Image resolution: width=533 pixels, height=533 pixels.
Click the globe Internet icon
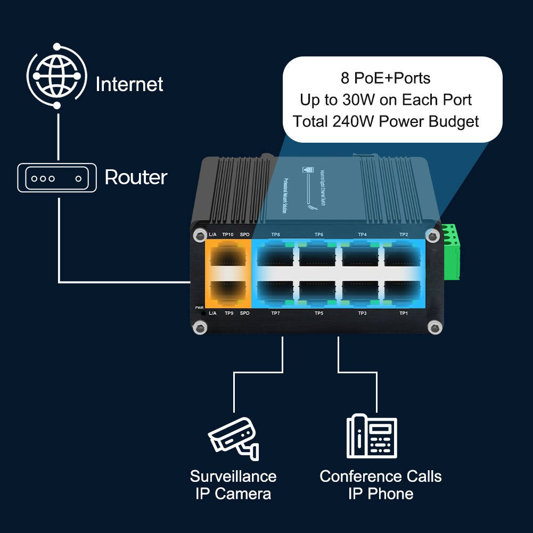(x=57, y=76)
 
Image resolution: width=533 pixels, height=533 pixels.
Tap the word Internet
(x=129, y=84)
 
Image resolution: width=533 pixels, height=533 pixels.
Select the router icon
(x=57, y=178)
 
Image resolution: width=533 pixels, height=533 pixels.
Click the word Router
(x=136, y=177)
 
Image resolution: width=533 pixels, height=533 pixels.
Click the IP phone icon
(x=372, y=436)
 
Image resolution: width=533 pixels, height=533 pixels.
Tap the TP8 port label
(x=275, y=234)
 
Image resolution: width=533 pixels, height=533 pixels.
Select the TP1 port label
(x=404, y=313)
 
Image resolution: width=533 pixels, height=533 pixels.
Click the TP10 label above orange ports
(x=228, y=234)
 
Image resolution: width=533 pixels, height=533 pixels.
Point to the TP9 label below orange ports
(x=228, y=313)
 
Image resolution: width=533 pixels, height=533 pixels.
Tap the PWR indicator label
(x=199, y=308)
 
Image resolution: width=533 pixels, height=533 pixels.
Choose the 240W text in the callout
(x=348, y=121)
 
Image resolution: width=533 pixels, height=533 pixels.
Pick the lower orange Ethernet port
(x=228, y=291)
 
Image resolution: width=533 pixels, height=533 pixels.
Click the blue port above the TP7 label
(x=275, y=291)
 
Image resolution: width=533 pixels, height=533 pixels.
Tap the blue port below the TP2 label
(x=403, y=255)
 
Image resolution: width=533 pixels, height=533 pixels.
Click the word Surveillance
(x=233, y=476)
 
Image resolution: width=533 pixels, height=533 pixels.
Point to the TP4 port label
(x=362, y=234)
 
